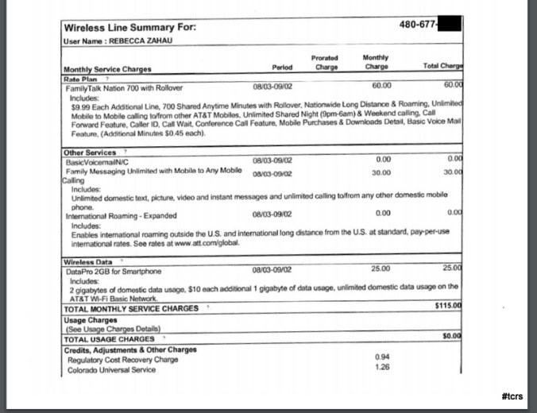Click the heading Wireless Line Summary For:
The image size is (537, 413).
click(129, 29)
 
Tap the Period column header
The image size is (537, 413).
click(282, 68)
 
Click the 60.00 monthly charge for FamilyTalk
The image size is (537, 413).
click(381, 85)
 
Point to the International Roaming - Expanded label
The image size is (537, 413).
click(122, 214)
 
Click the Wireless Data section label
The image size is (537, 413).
click(88, 261)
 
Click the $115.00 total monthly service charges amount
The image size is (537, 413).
click(448, 307)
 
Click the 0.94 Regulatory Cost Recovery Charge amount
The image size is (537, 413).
click(381, 357)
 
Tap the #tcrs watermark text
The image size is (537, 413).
click(512, 395)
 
